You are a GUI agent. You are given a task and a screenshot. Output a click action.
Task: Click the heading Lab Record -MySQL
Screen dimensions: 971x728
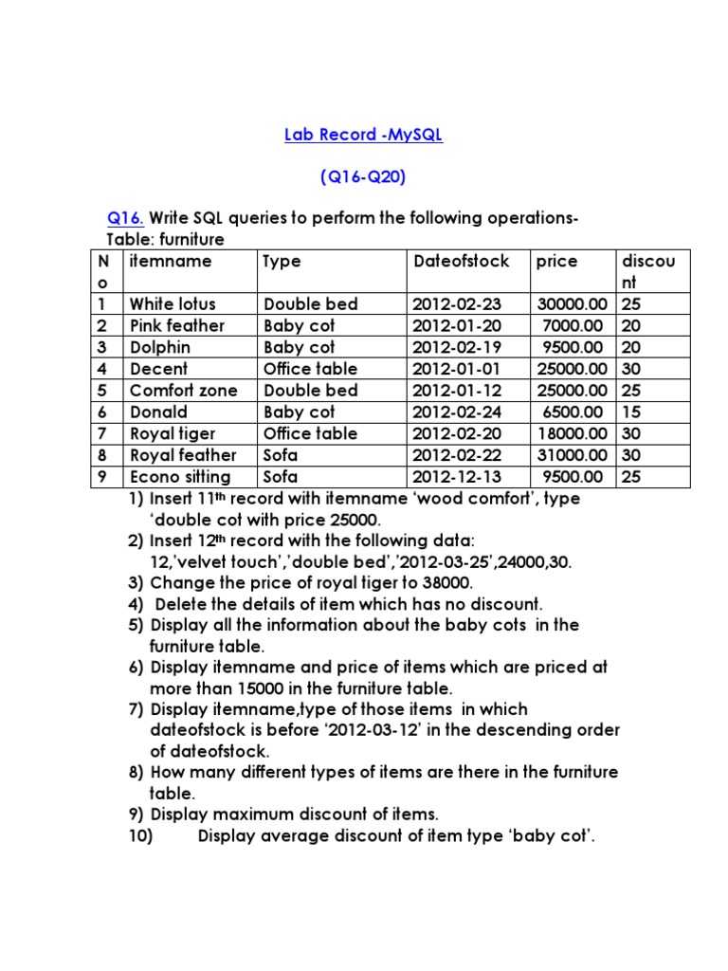[364, 136]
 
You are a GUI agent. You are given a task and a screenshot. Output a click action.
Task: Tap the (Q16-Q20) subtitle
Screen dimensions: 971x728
[364, 177]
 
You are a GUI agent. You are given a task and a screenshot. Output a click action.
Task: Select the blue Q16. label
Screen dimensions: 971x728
[124, 219]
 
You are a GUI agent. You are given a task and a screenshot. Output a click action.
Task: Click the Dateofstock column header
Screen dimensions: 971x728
[461, 261]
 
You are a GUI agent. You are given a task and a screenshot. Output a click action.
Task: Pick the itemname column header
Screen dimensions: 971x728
[171, 261]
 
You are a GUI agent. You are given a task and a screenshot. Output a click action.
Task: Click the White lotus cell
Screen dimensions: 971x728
[173, 304]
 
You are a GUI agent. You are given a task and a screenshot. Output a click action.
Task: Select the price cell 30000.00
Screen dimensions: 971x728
[569, 304]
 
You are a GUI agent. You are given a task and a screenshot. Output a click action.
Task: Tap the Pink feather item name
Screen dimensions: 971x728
[177, 326]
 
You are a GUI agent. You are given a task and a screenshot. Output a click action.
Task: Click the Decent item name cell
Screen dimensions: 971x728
[158, 369]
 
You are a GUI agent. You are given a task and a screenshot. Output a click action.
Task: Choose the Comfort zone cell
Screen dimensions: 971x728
[183, 391]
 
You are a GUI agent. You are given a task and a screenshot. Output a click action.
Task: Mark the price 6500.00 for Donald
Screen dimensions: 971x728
[572, 412]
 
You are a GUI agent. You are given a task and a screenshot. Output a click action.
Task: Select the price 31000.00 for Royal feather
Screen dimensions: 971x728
[569, 455]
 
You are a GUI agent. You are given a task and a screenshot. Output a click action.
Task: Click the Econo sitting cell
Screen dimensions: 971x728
[180, 477]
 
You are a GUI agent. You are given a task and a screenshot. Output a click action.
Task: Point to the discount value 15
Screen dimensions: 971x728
[630, 412]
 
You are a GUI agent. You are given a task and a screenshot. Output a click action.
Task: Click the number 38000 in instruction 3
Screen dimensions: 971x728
[443, 583]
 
